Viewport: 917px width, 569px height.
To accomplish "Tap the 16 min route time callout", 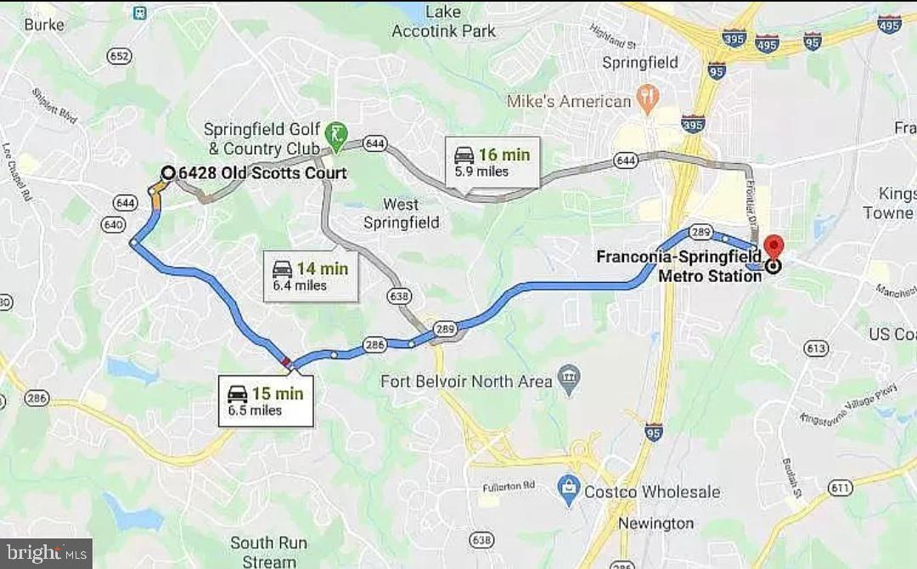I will pyautogui.click(x=492, y=161).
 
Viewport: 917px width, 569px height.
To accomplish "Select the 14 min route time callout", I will pyautogui.click(x=310, y=276).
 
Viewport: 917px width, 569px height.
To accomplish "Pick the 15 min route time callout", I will pyautogui.click(x=266, y=401).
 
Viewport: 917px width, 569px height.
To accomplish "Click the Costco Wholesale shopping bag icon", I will pyautogui.click(x=566, y=490).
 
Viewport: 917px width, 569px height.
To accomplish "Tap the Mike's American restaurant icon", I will pyautogui.click(x=647, y=101).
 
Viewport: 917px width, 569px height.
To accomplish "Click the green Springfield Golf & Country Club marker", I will pyautogui.click(x=339, y=134).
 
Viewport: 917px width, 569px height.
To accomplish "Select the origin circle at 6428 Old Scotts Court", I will pyautogui.click(x=168, y=173).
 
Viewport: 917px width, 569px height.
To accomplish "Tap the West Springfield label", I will pyautogui.click(x=401, y=213).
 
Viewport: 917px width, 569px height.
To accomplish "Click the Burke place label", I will pyautogui.click(x=44, y=25).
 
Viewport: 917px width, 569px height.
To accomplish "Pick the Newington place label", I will pyautogui.click(x=655, y=523).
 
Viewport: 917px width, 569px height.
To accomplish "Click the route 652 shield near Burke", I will pyautogui.click(x=119, y=56).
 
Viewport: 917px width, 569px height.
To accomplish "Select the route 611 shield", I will pyautogui.click(x=841, y=487).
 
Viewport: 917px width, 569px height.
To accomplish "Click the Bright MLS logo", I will pyautogui.click(x=46, y=555).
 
